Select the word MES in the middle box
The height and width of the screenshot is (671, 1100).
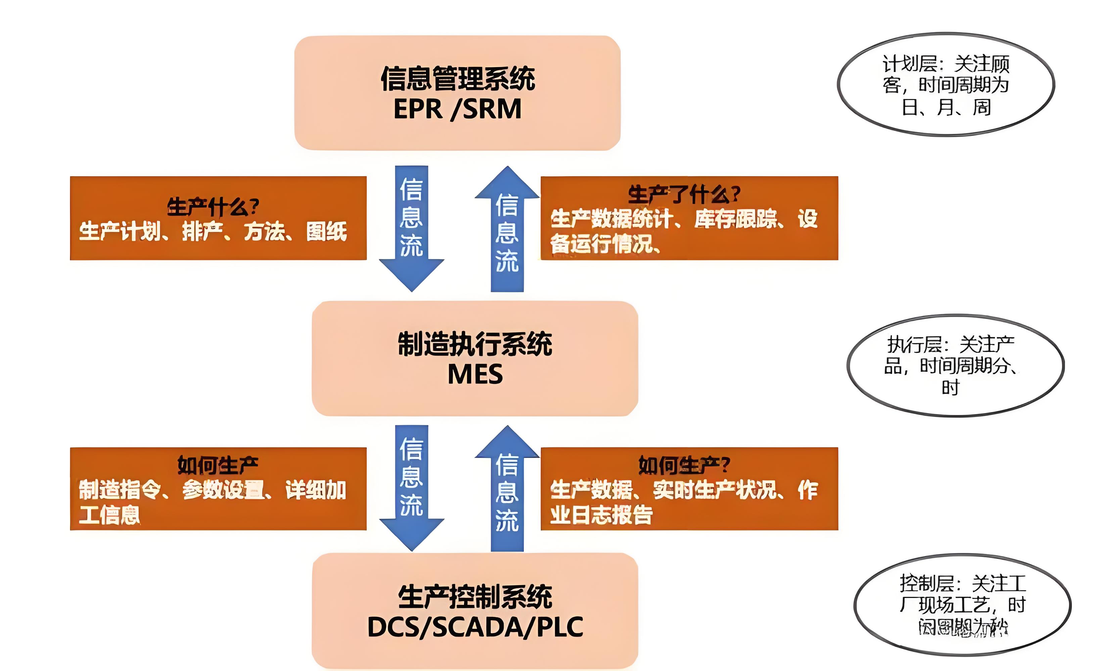(x=475, y=374)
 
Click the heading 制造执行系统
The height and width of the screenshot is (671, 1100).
(x=475, y=345)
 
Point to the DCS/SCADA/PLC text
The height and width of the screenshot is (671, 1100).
(x=475, y=627)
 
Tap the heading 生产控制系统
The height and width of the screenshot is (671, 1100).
(x=475, y=597)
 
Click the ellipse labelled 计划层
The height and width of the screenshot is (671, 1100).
(x=946, y=85)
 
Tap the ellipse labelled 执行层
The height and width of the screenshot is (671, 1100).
(x=955, y=366)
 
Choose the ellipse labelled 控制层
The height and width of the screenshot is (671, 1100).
(x=962, y=605)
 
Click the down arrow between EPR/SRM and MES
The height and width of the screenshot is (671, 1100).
(x=412, y=227)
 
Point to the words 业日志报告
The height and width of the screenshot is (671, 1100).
(x=601, y=515)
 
